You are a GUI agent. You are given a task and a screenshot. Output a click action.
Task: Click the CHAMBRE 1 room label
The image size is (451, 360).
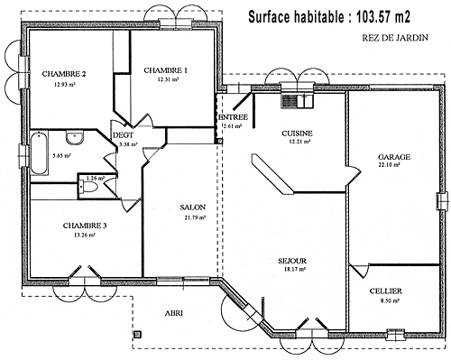165,69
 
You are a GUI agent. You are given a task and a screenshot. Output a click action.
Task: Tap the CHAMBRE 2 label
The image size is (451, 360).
64,74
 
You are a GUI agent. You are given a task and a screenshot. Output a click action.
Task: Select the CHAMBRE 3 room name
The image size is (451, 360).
86,225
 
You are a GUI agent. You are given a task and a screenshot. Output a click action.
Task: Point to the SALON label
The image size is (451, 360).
193,207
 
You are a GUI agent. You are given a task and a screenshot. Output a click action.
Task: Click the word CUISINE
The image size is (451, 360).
297,133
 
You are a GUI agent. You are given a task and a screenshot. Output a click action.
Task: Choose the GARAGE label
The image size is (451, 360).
394,156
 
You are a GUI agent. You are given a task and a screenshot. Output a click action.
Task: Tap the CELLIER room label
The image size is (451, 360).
385,291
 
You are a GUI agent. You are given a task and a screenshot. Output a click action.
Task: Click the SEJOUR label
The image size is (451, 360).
294,259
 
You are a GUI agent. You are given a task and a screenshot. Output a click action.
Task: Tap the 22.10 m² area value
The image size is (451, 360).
394,166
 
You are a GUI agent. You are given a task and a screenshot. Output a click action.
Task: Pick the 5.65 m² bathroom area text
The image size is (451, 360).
62,156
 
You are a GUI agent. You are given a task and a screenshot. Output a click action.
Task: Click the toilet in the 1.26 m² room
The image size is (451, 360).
85,179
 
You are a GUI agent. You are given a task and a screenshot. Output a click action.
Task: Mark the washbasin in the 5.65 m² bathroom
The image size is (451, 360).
78,138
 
